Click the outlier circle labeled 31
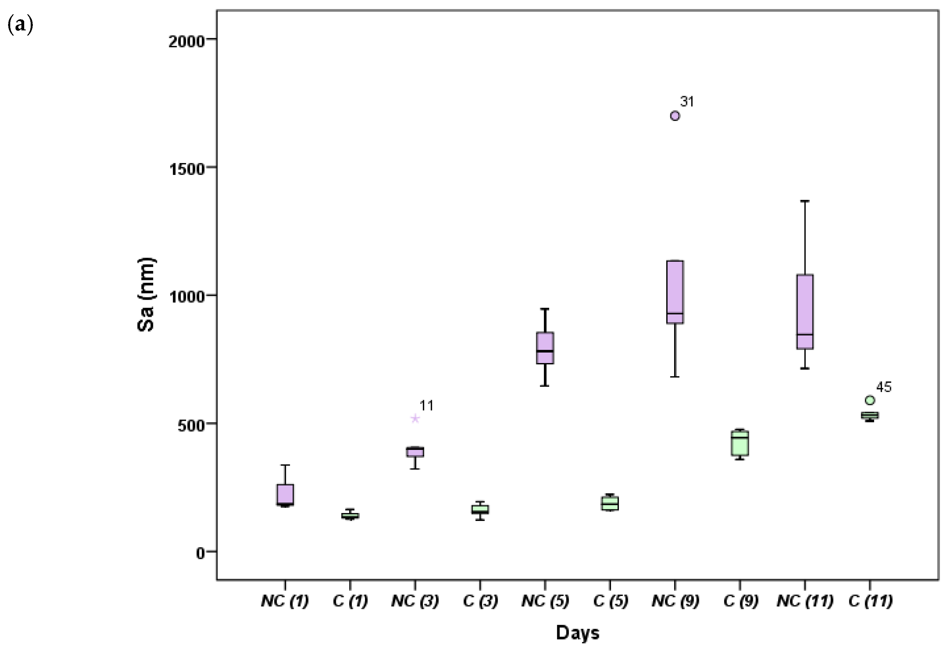click(675, 116)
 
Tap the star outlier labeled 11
click(415, 418)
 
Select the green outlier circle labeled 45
click(870, 400)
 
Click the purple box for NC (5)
click(545, 348)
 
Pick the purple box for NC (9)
click(675, 292)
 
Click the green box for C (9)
click(740, 443)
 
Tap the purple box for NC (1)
click(285, 495)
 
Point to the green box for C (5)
click(610, 503)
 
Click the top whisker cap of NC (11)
click(805, 201)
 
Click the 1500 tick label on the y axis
click(186, 169)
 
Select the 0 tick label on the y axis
click(200, 553)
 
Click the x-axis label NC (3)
click(415, 601)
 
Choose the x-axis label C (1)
click(350, 601)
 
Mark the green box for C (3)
click(480, 509)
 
